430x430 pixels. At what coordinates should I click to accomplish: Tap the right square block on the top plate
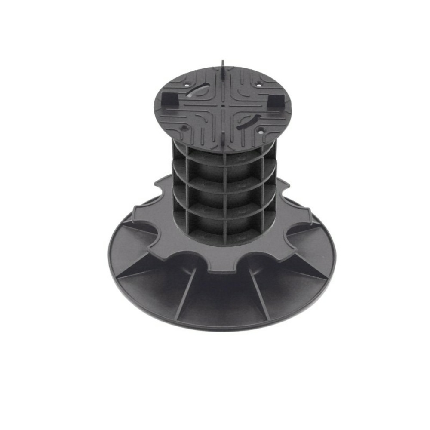273,101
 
